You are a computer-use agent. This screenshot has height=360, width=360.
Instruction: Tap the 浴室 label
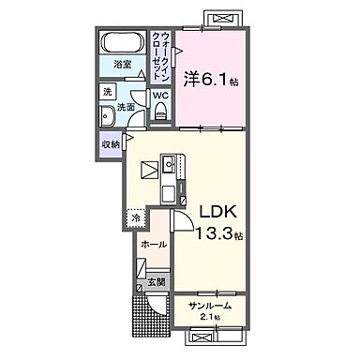click(123, 65)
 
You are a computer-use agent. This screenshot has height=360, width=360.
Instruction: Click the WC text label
click(159, 95)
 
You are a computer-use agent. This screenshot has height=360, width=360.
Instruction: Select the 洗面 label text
click(127, 108)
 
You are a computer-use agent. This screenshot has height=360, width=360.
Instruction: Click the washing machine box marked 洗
click(108, 92)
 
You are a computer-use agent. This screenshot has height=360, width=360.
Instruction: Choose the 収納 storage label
click(111, 143)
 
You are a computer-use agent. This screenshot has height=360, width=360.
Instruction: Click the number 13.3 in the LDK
click(211, 232)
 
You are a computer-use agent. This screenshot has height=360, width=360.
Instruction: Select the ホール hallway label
click(154, 244)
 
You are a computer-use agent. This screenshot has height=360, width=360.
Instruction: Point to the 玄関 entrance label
click(156, 281)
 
